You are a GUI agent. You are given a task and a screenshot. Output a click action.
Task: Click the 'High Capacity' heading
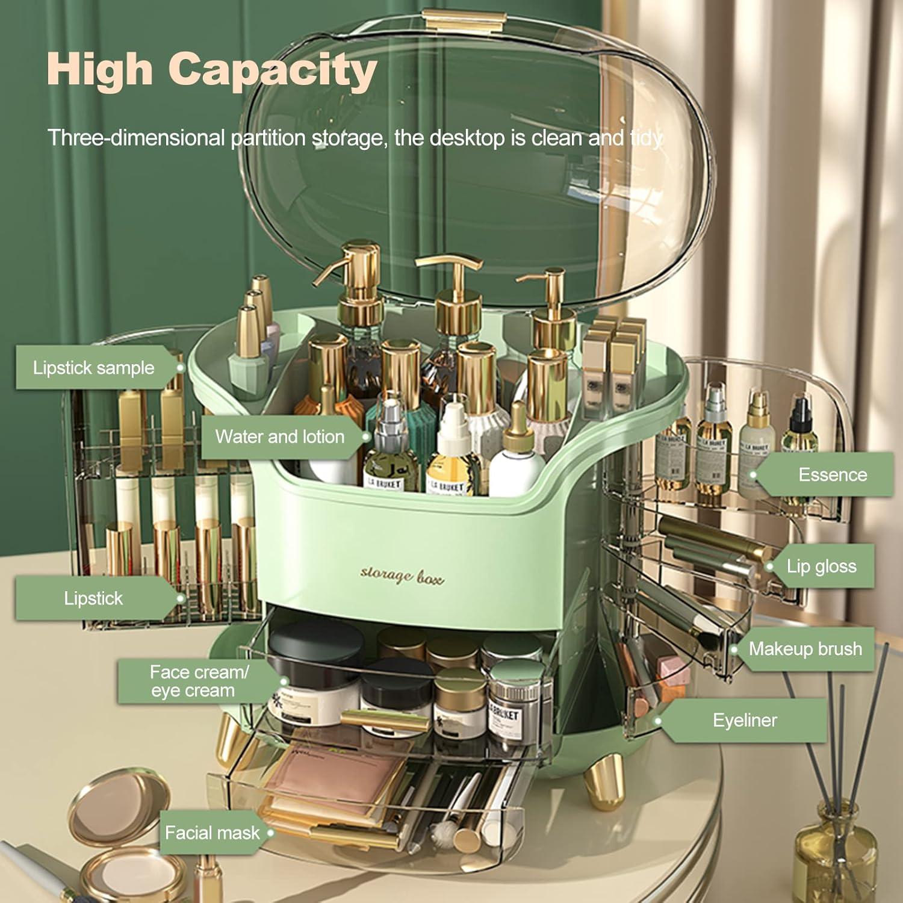coord(211,69)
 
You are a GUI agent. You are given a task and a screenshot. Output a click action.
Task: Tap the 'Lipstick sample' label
coord(93,368)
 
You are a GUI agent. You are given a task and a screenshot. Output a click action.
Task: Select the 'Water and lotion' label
coord(280,436)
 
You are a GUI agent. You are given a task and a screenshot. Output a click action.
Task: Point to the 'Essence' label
coord(833,475)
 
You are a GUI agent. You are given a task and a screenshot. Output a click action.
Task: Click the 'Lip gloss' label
coord(821,566)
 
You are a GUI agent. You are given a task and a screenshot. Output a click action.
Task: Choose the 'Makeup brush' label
coord(805,649)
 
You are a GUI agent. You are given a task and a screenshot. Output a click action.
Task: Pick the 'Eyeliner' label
coord(745,721)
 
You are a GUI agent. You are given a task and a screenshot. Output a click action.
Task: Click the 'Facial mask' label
coord(212,833)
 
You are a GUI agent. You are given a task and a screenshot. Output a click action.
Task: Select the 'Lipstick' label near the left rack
coord(93,598)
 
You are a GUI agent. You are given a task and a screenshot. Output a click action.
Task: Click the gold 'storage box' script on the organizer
coord(402,576)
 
